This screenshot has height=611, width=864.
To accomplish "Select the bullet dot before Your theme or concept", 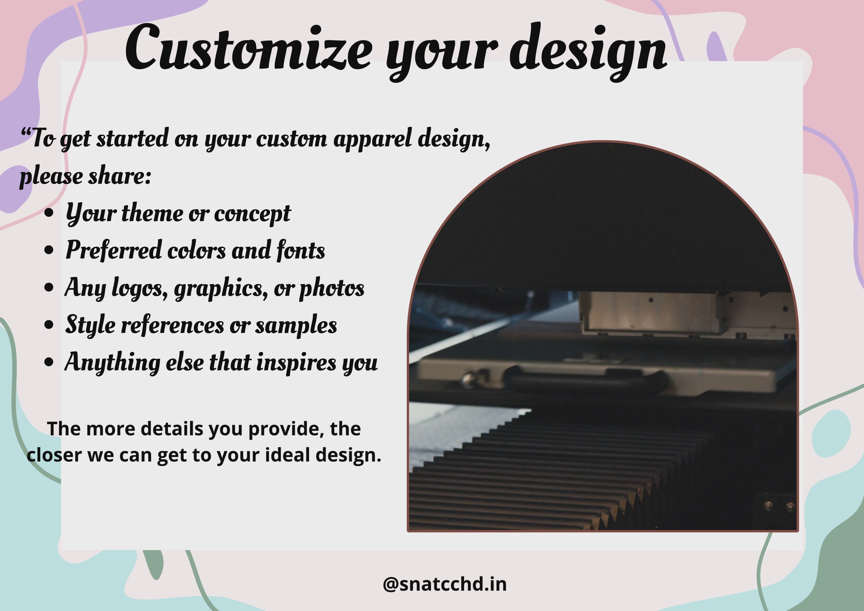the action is click(x=49, y=213).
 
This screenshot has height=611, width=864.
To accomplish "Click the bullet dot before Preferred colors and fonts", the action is click(x=49, y=250).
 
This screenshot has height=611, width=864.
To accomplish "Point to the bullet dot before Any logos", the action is click(x=49, y=287).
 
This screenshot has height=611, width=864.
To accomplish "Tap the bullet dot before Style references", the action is click(x=49, y=324).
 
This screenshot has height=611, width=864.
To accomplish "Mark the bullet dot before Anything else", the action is click(x=49, y=362).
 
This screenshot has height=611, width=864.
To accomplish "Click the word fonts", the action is click(x=301, y=250).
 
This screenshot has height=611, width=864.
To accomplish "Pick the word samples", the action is click(x=296, y=326).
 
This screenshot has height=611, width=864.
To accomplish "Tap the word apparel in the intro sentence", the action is click(x=372, y=139).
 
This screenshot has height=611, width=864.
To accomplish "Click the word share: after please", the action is click(x=120, y=176).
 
